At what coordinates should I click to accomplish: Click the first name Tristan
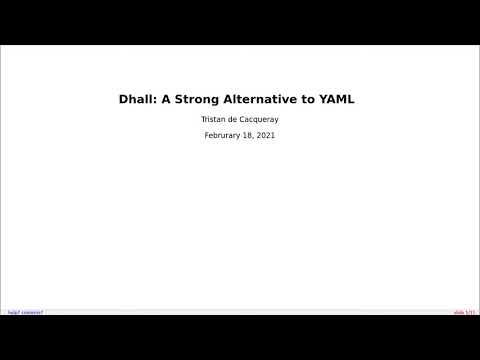point(213,119)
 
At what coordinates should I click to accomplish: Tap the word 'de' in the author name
point(233,119)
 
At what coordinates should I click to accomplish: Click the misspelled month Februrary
point(223,135)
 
